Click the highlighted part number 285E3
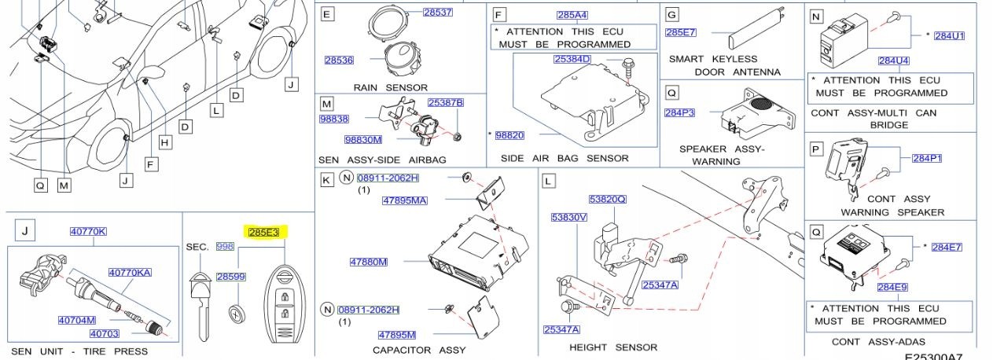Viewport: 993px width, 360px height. pos(263,232)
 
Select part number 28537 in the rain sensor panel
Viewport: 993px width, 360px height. pos(437,13)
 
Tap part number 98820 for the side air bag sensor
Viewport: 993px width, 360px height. pos(509,136)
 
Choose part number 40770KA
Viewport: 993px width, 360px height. pos(130,273)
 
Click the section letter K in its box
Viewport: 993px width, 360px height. pos(326,180)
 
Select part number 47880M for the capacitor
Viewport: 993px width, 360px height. pos(368,262)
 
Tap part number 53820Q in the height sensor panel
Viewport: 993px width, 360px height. pos(607,199)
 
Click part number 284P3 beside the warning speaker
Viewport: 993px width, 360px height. pos(679,112)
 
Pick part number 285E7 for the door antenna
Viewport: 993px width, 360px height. pos(680,32)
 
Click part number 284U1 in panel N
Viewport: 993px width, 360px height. pos(949,36)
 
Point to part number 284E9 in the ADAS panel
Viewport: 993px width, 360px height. pos(892,287)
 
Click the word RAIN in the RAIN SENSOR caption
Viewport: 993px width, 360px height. pos(368,87)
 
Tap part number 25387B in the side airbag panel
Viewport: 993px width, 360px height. pos(445,103)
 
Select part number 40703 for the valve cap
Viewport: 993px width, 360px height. pos(105,334)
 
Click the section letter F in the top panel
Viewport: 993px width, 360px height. pos(498,13)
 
